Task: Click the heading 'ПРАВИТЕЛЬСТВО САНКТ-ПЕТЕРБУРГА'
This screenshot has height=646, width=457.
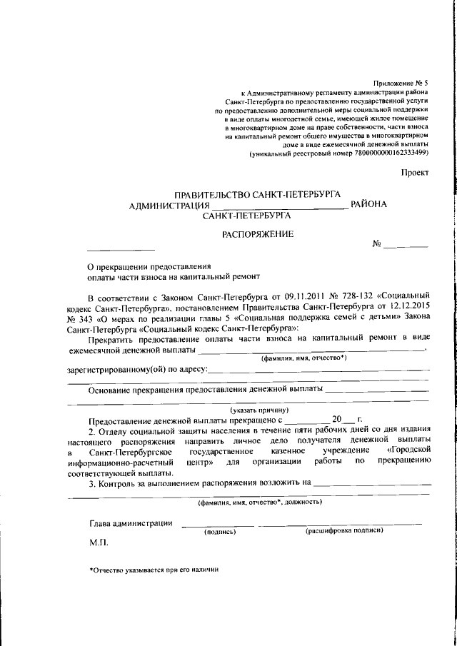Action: (x=257, y=194)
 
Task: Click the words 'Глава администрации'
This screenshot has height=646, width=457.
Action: (x=131, y=524)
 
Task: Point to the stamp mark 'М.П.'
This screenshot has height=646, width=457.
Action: (x=98, y=543)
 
